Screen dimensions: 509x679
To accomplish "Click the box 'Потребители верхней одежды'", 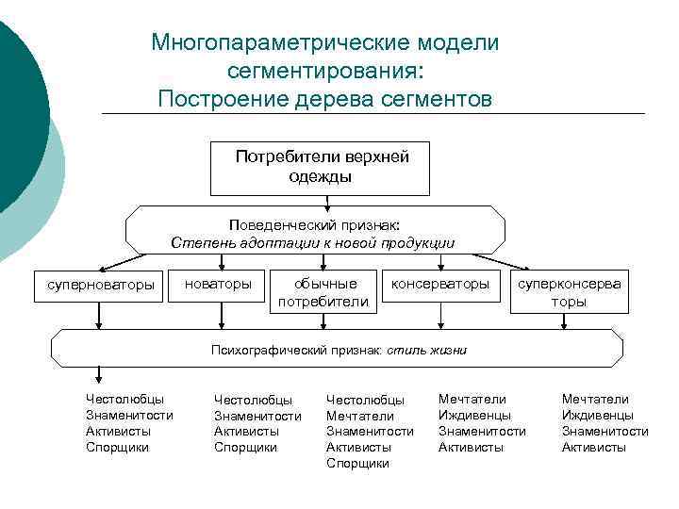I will coord(322,167).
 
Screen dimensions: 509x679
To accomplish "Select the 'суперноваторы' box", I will coord(94,285).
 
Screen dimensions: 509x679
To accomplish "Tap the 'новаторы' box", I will coord(218,284).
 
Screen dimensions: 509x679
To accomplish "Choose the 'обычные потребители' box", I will coord(324,292).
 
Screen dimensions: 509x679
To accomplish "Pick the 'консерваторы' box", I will coord(440,284).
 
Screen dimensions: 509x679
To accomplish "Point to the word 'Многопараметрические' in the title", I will coord(273,43).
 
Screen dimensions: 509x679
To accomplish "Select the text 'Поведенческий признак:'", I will coord(314,225).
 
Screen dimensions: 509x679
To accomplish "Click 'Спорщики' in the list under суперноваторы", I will coord(117,447).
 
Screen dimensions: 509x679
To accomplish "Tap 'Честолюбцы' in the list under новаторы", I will coord(253,400).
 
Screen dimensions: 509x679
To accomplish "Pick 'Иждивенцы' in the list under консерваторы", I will coord(474,415).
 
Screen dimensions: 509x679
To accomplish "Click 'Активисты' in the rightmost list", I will coord(593,447).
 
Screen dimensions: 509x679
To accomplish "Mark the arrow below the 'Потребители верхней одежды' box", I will coord(323,200).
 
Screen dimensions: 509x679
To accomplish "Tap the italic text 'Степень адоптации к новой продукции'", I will coord(312,243).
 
